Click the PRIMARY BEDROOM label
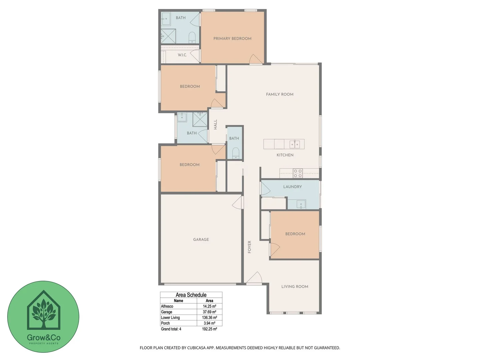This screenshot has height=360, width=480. click(x=232, y=39)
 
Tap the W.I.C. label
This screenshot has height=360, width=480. click(x=182, y=55)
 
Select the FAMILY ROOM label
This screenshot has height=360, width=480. click(x=280, y=94)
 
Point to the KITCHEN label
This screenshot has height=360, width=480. click(x=285, y=155)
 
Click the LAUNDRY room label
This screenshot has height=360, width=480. click(x=292, y=187)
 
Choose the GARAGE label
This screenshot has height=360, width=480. click(x=201, y=239)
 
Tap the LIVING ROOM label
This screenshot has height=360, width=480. click(x=295, y=286)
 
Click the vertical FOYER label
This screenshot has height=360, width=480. click(x=249, y=247)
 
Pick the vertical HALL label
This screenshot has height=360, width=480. click(x=215, y=124)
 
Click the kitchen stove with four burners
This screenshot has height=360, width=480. click(x=298, y=173)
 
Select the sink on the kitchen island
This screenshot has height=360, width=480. click(x=294, y=144)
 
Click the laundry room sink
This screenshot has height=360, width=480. click(x=301, y=204)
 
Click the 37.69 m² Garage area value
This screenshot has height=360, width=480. click(x=209, y=312)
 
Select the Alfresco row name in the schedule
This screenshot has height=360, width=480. click(x=167, y=306)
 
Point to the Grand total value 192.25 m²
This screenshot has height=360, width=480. click(x=209, y=329)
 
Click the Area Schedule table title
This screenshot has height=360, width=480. click(x=191, y=295)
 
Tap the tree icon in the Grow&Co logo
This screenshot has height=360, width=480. click(x=43, y=312)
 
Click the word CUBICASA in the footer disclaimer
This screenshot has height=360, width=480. click(x=196, y=348)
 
